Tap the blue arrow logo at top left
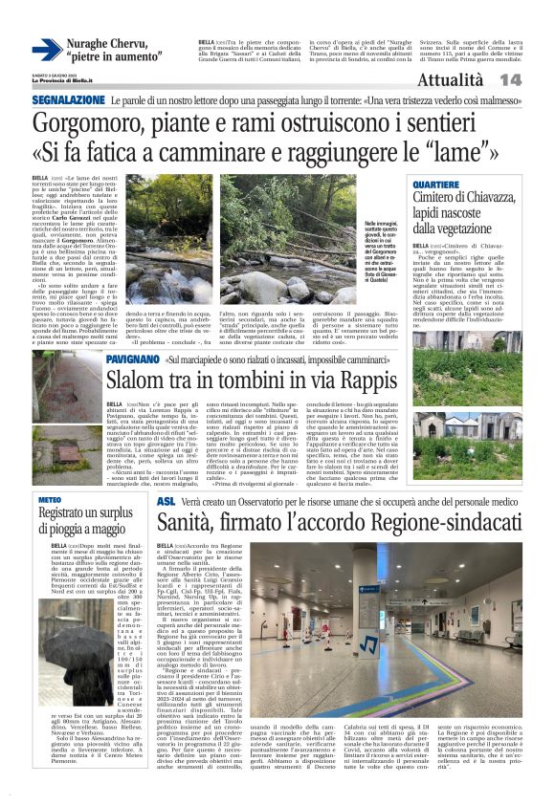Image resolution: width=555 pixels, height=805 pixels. pos(46,50)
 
